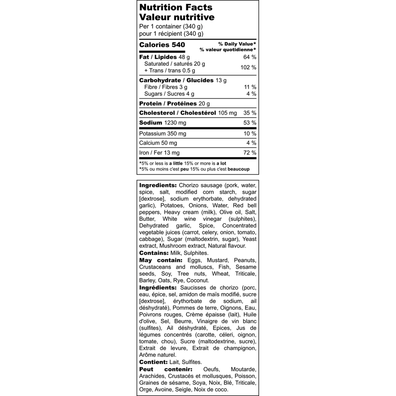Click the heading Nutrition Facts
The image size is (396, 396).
pyautogui.click(x=176, y=7)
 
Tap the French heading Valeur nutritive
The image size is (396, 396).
pyautogui.click(x=177, y=17)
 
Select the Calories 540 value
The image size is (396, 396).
pyautogui.click(x=162, y=45)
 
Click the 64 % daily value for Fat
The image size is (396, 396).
pyautogui.click(x=250, y=57)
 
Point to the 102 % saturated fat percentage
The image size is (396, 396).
pyautogui.click(x=248, y=67)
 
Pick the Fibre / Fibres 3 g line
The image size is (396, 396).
pyautogui.click(x=166, y=87)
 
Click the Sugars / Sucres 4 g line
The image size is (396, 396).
pyautogui.click(x=169, y=94)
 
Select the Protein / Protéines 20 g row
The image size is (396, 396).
pyautogui.click(x=174, y=104)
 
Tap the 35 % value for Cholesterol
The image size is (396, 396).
pyautogui.click(x=250, y=113)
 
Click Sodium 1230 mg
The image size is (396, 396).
pyautogui.click(x=162, y=123)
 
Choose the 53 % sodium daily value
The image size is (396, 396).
pyautogui.click(x=250, y=123)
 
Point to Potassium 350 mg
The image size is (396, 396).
pyautogui.click(x=162, y=134)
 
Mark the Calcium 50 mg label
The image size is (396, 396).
pyautogui.click(x=158, y=143)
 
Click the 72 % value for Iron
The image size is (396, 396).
pyautogui.click(x=250, y=153)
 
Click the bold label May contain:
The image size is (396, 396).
pyautogui.click(x=160, y=260)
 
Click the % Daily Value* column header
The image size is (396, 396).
pyautogui.click(x=237, y=44)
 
